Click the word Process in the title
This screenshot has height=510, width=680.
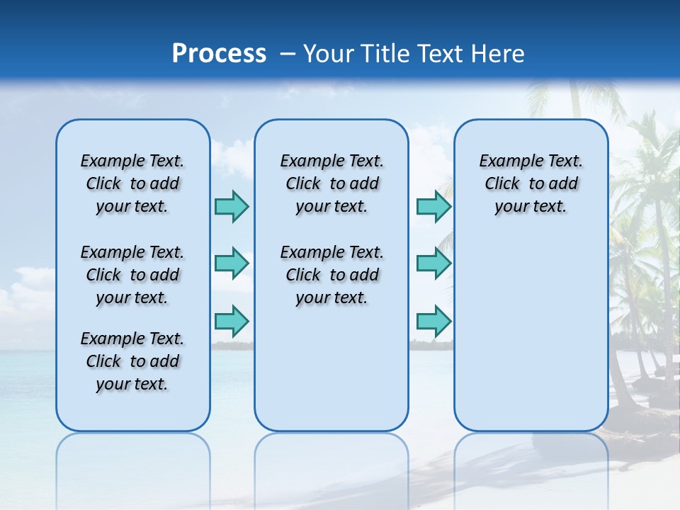(x=219, y=54)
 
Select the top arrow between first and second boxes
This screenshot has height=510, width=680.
(x=232, y=206)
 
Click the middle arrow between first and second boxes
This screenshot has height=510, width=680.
(x=232, y=263)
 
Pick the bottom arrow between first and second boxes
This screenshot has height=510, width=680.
(x=232, y=321)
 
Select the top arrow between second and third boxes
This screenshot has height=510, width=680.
(x=433, y=206)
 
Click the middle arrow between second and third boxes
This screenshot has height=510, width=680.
(x=433, y=263)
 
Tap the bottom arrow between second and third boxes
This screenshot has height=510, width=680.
(x=433, y=321)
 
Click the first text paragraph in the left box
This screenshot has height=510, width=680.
(x=132, y=183)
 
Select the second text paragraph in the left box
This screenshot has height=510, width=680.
(x=132, y=275)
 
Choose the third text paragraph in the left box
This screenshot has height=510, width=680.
(x=132, y=361)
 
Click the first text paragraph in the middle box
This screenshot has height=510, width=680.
(x=332, y=183)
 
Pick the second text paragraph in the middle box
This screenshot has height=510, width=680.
(x=332, y=275)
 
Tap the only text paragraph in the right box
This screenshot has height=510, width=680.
(x=531, y=183)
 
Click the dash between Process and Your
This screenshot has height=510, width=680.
(x=288, y=54)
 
